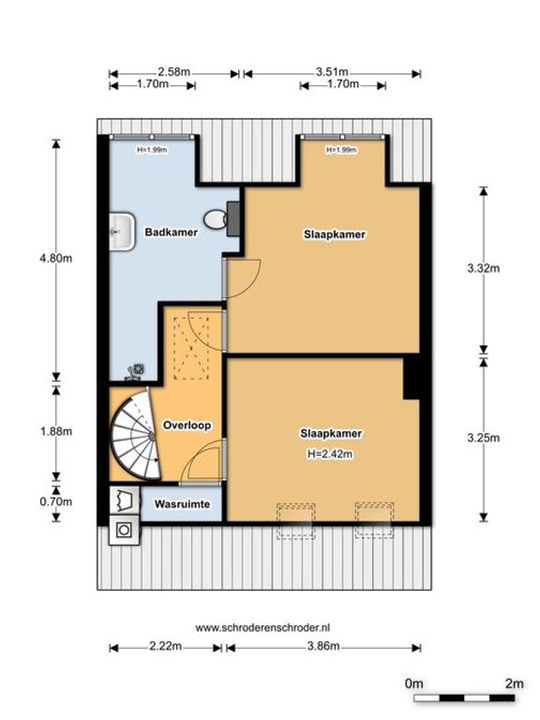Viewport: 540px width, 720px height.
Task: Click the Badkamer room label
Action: coord(172,232)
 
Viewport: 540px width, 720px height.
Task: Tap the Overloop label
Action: coord(187,426)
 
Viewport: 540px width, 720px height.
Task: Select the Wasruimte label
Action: coord(182,504)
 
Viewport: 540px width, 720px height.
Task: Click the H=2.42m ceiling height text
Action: coord(330,454)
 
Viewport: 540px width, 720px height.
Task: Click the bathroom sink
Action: coord(122,232)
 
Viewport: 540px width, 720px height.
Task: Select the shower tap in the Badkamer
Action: coord(135,372)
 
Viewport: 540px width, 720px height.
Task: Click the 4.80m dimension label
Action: coord(56,258)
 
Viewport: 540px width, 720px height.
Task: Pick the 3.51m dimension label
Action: coord(332,72)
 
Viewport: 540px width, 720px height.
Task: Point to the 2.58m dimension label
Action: coord(174,72)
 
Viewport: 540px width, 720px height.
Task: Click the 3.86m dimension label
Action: coord(323,646)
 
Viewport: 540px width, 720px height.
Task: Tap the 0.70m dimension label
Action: coord(56,502)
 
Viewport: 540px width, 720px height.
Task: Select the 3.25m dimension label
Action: coord(484,438)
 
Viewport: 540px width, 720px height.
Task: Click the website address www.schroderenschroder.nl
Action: coord(262,628)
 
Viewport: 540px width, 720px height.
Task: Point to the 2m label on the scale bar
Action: coord(515,683)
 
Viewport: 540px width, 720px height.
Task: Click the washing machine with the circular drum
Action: coord(124,531)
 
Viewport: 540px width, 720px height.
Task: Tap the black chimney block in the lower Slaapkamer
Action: coord(412,377)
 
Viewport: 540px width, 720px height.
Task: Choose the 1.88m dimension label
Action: coord(56,431)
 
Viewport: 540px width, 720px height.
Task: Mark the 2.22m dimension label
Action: coord(165,646)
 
